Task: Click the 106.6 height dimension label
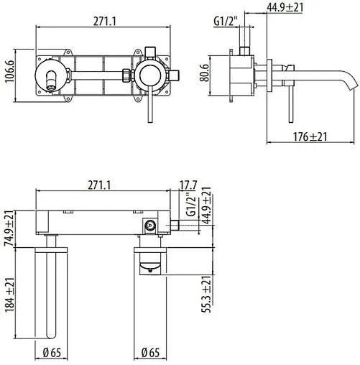[x=10, y=71]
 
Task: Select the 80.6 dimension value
[x=205, y=73]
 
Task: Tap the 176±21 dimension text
[x=310, y=137]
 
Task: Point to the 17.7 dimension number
[x=188, y=185]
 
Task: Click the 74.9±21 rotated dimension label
[x=9, y=228]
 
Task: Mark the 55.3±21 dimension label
[x=206, y=294]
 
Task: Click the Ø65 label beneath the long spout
[x=52, y=353]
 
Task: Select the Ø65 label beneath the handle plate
[x=150, y=353]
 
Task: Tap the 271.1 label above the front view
[x=105, y=22]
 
